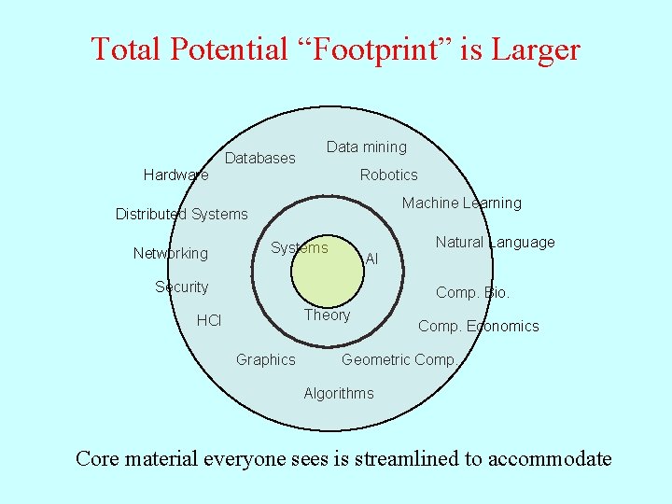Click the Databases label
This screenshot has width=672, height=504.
260,159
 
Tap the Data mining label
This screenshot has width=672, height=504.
367,147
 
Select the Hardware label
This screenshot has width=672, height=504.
176,175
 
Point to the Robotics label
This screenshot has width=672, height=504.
389,175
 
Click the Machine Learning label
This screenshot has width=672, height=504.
462,203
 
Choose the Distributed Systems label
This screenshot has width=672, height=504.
182,215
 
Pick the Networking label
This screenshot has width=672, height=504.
171,254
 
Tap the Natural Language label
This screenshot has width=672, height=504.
496,243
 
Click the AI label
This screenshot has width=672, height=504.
372,259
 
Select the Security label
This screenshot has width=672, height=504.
182,287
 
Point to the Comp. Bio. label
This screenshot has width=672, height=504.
473,293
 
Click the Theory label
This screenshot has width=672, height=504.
328,315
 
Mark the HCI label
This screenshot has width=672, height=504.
209,321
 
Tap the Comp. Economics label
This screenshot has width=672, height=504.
479,327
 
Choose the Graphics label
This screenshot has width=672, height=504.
266,360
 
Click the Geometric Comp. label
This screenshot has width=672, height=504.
399,360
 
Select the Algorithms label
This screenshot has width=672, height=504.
339,394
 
